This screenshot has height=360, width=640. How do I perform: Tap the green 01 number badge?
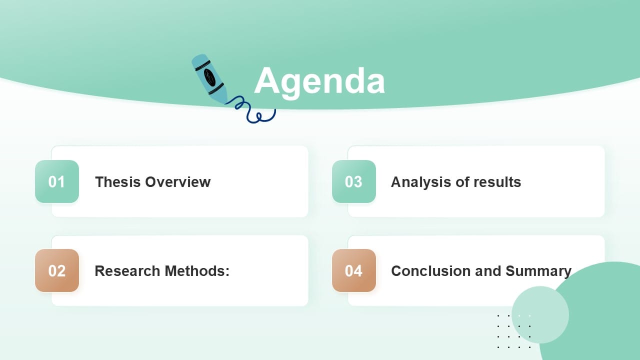(x=57, y=181)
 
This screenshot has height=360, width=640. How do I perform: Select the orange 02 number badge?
(x=57, y=270)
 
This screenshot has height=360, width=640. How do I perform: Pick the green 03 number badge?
(x=353, y=181)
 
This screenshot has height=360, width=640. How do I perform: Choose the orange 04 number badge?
(x=353, y=270)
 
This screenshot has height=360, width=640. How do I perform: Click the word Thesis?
(x=118, y=181)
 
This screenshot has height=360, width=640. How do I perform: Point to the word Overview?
(x=178, y=181)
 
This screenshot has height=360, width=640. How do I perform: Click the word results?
(x=497, y=181)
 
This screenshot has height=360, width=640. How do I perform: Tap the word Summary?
(x=538, y=270)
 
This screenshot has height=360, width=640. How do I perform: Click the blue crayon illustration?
(x=209, y=79)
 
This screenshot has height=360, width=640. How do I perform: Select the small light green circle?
(x=540, y=314)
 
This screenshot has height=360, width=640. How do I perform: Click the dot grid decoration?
(x=514, y=331)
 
